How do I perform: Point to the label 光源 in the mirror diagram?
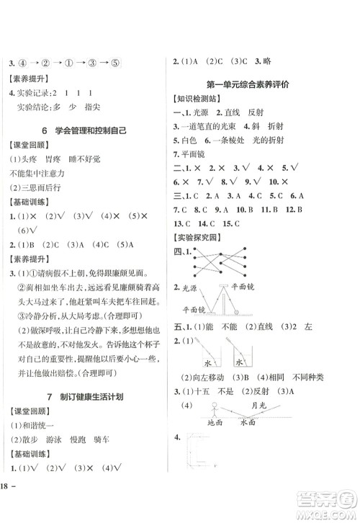189,287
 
